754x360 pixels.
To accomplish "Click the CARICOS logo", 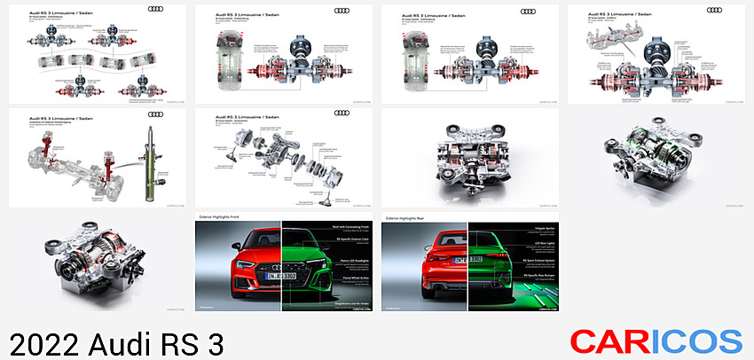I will click(x=656, y=340).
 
